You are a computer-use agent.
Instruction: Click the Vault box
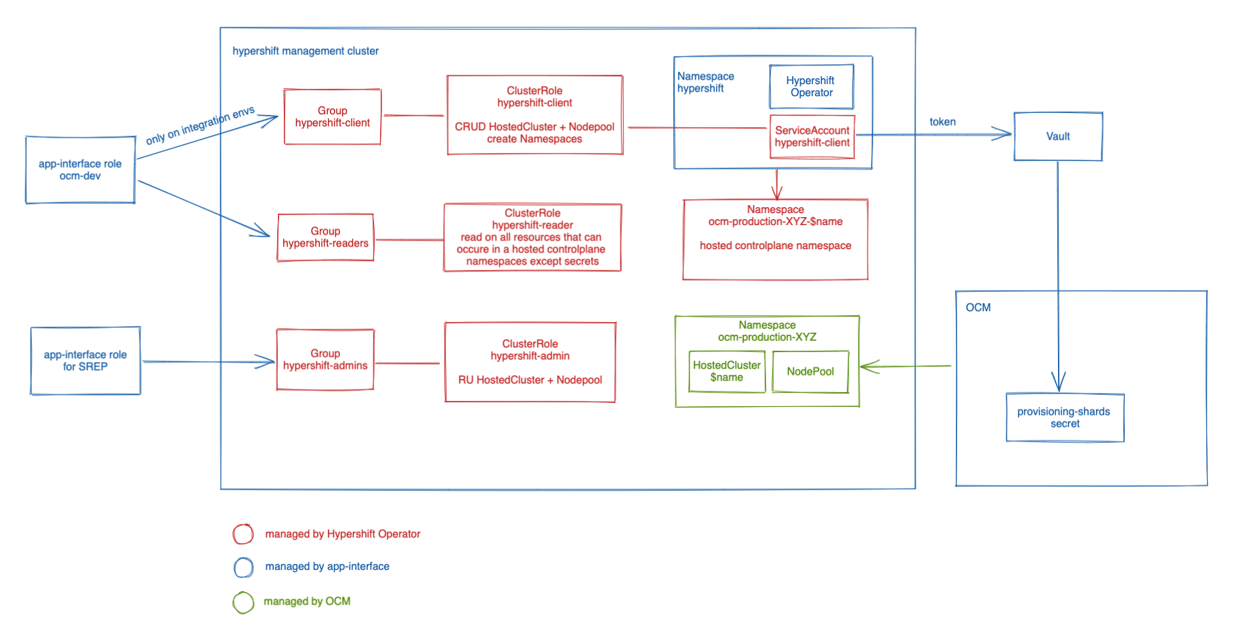(1058, 136)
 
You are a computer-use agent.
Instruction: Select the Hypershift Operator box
(811, 87)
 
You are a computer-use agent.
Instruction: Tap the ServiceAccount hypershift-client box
(812, 137)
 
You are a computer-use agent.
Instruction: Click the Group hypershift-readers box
(325, 237)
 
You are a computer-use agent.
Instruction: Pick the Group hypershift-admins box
(325, 359)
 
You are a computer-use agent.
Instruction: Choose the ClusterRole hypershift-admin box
(530, 362)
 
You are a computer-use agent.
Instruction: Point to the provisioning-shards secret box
(1065, 418)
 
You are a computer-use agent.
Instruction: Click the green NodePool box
(810, 371)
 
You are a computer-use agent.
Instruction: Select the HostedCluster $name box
(727, 371)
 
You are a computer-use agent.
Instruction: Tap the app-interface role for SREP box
(85, 361)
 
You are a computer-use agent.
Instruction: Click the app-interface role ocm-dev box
(80, 170)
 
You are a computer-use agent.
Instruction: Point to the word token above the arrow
(942, 122)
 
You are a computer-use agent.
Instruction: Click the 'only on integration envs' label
(200, 124)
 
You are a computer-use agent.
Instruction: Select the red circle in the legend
(243, 534)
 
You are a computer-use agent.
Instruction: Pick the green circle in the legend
(243, 602)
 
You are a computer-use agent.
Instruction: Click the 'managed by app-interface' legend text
(327, 567)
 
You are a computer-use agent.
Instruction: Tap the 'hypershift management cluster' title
(305, 51)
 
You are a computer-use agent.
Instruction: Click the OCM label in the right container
(978, 307)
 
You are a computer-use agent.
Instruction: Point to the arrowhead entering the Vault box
(1003, 134)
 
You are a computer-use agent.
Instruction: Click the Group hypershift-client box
(333, 117)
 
